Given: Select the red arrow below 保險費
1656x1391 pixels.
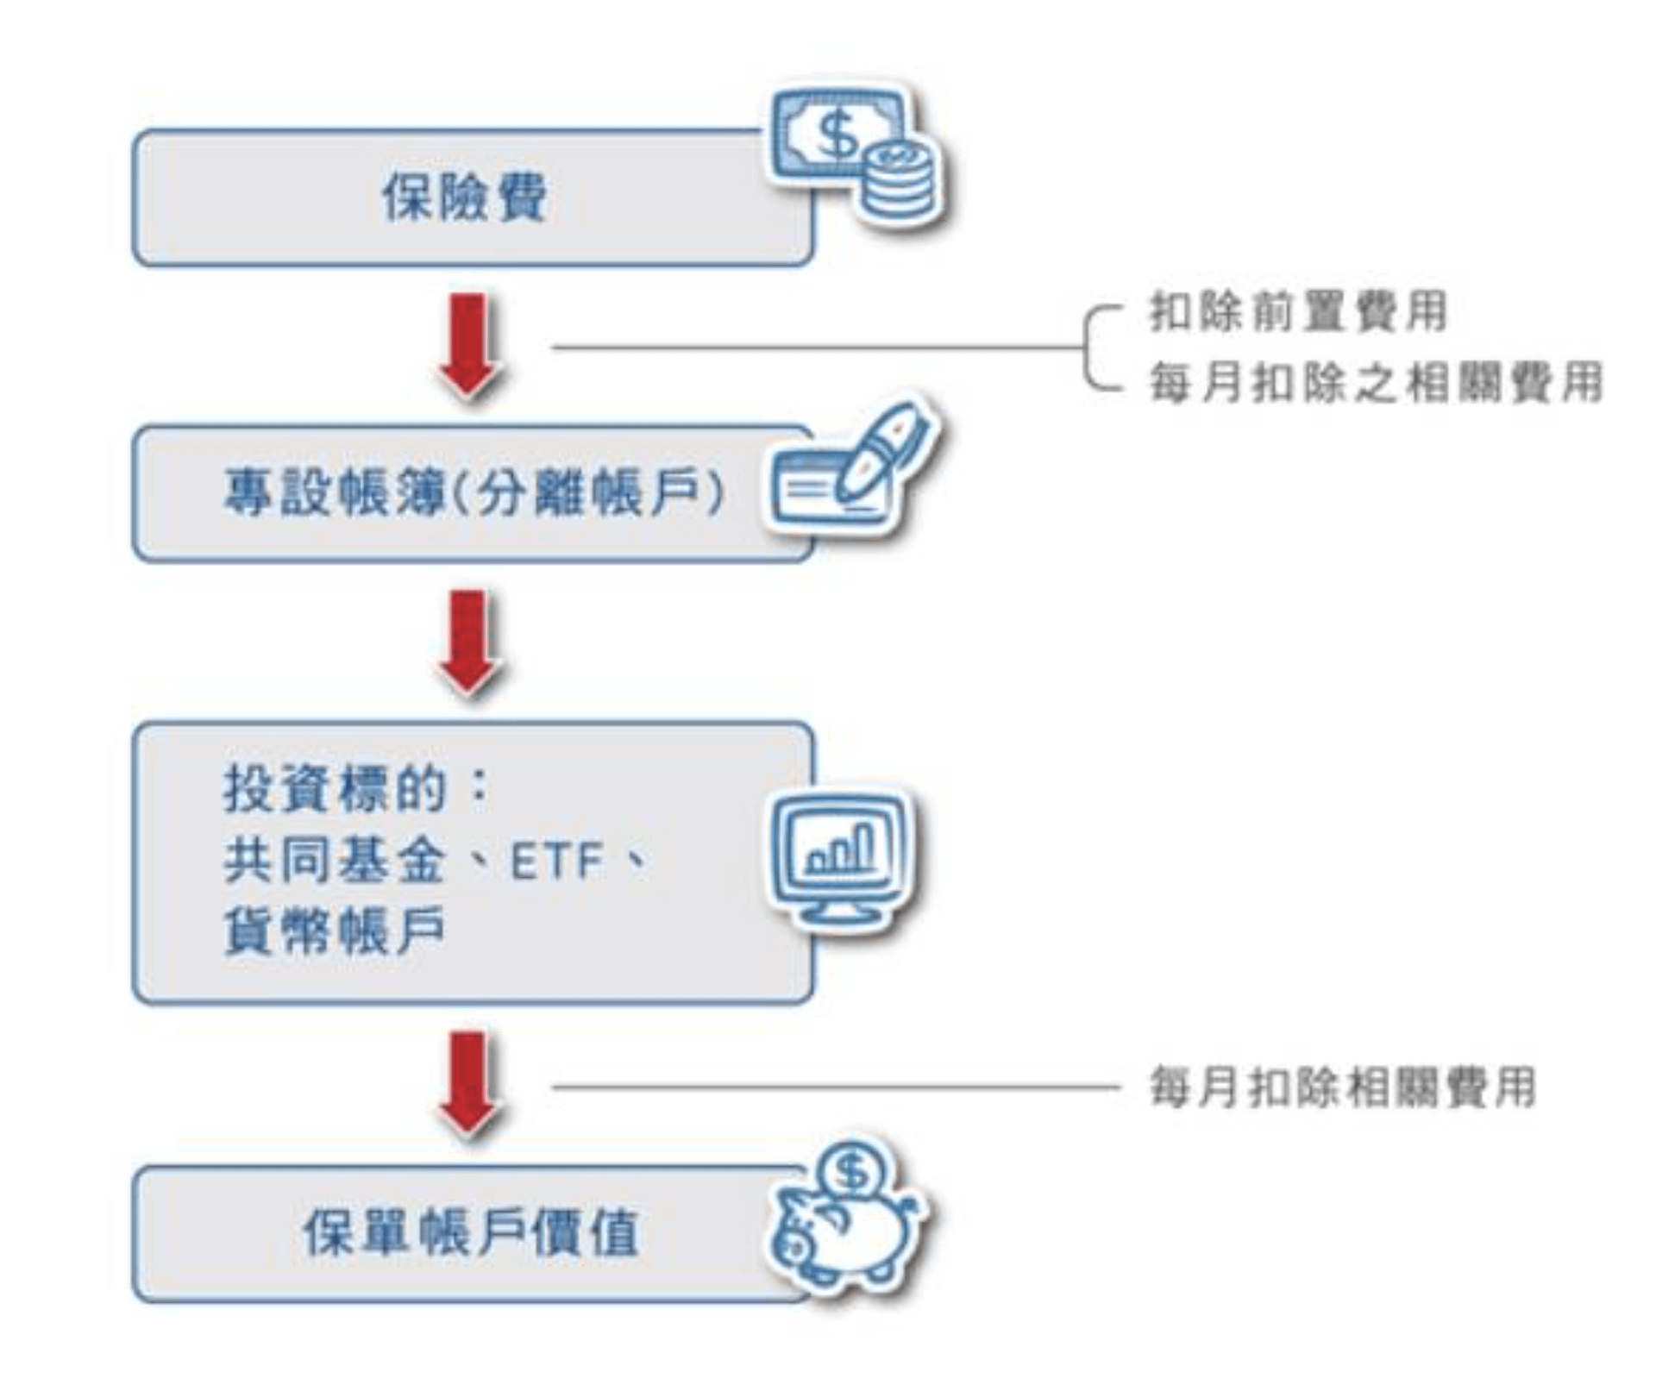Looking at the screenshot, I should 468,345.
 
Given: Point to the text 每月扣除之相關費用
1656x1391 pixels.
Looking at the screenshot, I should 1375,382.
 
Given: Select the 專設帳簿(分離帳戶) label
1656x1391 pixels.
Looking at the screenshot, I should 474,493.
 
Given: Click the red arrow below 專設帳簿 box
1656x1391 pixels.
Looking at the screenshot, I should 468,642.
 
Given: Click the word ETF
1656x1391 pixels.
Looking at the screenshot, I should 556,861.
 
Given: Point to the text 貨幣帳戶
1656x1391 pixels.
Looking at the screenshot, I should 335,931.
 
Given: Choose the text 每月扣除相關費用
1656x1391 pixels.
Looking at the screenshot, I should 1342,1087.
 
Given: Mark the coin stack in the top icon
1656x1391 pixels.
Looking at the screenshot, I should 900,183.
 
